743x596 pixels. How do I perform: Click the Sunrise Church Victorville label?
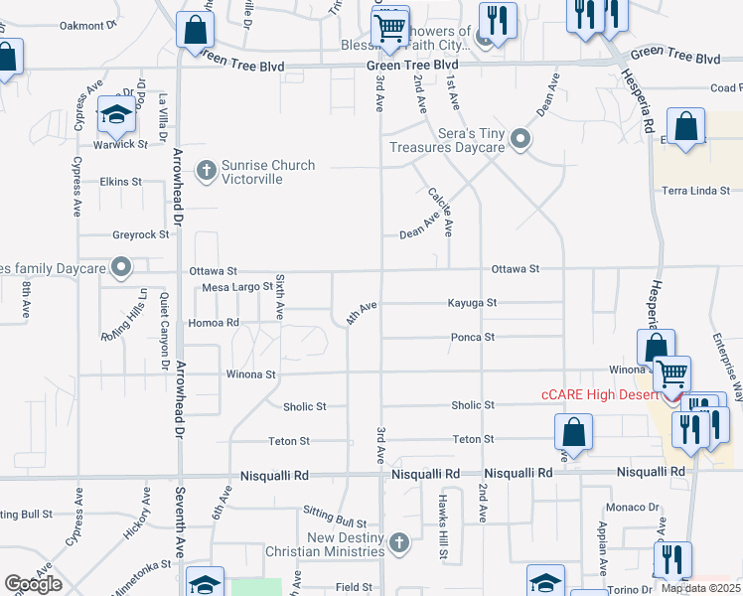point(268,172)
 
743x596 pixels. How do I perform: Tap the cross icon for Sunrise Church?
point(207,171)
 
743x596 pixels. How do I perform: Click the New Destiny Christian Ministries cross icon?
point(398,542)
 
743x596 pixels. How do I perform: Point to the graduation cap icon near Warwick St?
point(117,116)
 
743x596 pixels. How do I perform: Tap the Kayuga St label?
point(471,303)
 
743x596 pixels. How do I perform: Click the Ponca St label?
point(473,338)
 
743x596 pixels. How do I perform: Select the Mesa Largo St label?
point(237,287)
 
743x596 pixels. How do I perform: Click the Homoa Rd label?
point(214,323)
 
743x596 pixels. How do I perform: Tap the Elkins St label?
point(121,182)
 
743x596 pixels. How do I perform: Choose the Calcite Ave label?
point(440,212)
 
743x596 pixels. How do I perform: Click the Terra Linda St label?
point(696,190)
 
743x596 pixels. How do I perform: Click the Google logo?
point(33,584)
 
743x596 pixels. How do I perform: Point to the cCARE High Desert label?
point(599,394)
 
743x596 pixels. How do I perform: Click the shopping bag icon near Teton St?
point(573,432)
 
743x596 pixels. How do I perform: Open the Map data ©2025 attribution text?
point(700,588)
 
